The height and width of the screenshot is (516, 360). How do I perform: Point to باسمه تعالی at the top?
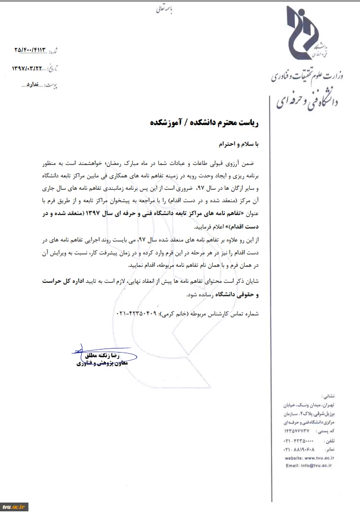coord(166,9)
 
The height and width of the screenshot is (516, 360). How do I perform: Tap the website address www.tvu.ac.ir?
coord(315,458)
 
